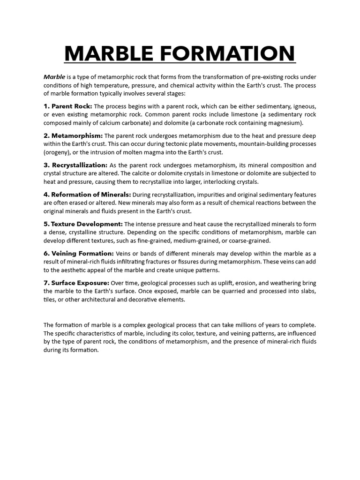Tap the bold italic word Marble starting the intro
(54, 77)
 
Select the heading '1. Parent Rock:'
(68, 106)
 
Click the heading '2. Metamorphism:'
(73, 136)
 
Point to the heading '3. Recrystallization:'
(75, 165)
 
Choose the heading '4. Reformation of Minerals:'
(87, 195)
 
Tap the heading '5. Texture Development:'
(83, 224)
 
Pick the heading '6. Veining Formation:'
(79, 254)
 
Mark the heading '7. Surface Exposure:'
(76, 283)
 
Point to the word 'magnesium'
(287, 123)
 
